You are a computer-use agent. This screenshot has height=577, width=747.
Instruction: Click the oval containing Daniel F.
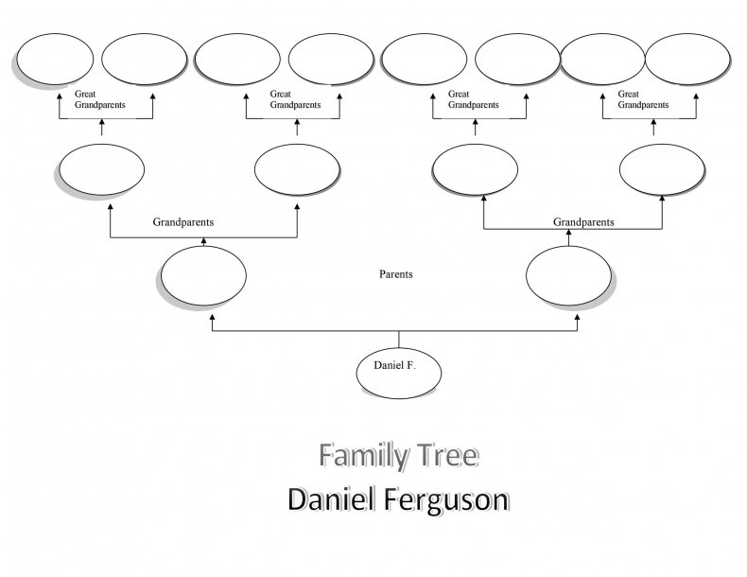tap(399, 373)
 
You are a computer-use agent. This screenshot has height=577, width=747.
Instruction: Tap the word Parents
tap(396, 274)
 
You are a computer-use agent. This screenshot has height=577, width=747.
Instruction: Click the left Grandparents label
tap(183, 222)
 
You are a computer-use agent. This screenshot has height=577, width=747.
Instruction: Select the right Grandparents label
tap(583, 222)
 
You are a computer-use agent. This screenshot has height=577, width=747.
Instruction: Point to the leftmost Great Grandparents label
tap(100, 99)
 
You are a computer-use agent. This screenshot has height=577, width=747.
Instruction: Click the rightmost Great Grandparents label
tap(643, 99)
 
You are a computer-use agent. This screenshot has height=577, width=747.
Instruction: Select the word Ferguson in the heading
tap(446, 500)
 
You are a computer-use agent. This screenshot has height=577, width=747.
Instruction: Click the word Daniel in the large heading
tap(331, 499)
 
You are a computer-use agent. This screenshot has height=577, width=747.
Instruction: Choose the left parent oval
tap(203, 275)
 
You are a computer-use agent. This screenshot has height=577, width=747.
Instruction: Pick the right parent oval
tap(569, 275)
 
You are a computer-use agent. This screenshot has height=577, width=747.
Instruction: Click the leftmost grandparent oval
tap(101, 169)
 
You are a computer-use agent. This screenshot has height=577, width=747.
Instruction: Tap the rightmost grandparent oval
tap(662, 169)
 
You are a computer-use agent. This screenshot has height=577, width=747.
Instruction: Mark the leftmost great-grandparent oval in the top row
tap(55, 59)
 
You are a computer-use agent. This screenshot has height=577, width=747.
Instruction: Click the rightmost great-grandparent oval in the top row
tap(687, 59)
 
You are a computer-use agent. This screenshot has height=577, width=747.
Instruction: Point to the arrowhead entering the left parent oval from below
tap(212, 316)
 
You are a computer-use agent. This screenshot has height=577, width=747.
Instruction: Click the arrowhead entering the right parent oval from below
tap(578, 316)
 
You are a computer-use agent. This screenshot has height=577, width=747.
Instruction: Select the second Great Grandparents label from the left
tap(295, 99)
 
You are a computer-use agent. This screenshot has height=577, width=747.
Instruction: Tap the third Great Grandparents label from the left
tap(474, 99)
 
